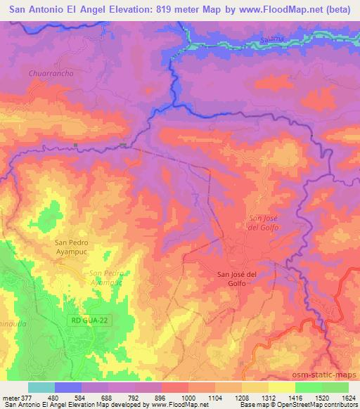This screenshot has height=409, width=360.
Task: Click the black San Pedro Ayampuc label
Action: (x=73, y=247)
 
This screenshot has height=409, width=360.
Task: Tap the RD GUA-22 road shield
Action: (x=93, y=320)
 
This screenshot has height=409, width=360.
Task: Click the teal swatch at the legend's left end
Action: (x=41, y=387)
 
